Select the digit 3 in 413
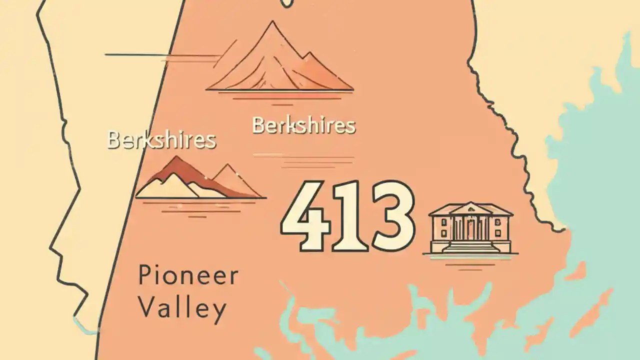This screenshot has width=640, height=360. tap(391, 216)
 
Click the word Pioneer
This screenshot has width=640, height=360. tap(188, 276)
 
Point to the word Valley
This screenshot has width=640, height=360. tap(182, 308)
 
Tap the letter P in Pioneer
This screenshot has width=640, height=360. tap(144, 276)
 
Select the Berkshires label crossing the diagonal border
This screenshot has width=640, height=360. tap(161, 140)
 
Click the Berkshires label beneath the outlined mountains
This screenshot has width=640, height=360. tap(304, 125)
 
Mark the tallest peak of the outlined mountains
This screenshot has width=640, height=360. tap(272, 25)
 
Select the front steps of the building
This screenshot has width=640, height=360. tap(470, 246)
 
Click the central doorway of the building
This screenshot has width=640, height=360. tap(470, 229)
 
